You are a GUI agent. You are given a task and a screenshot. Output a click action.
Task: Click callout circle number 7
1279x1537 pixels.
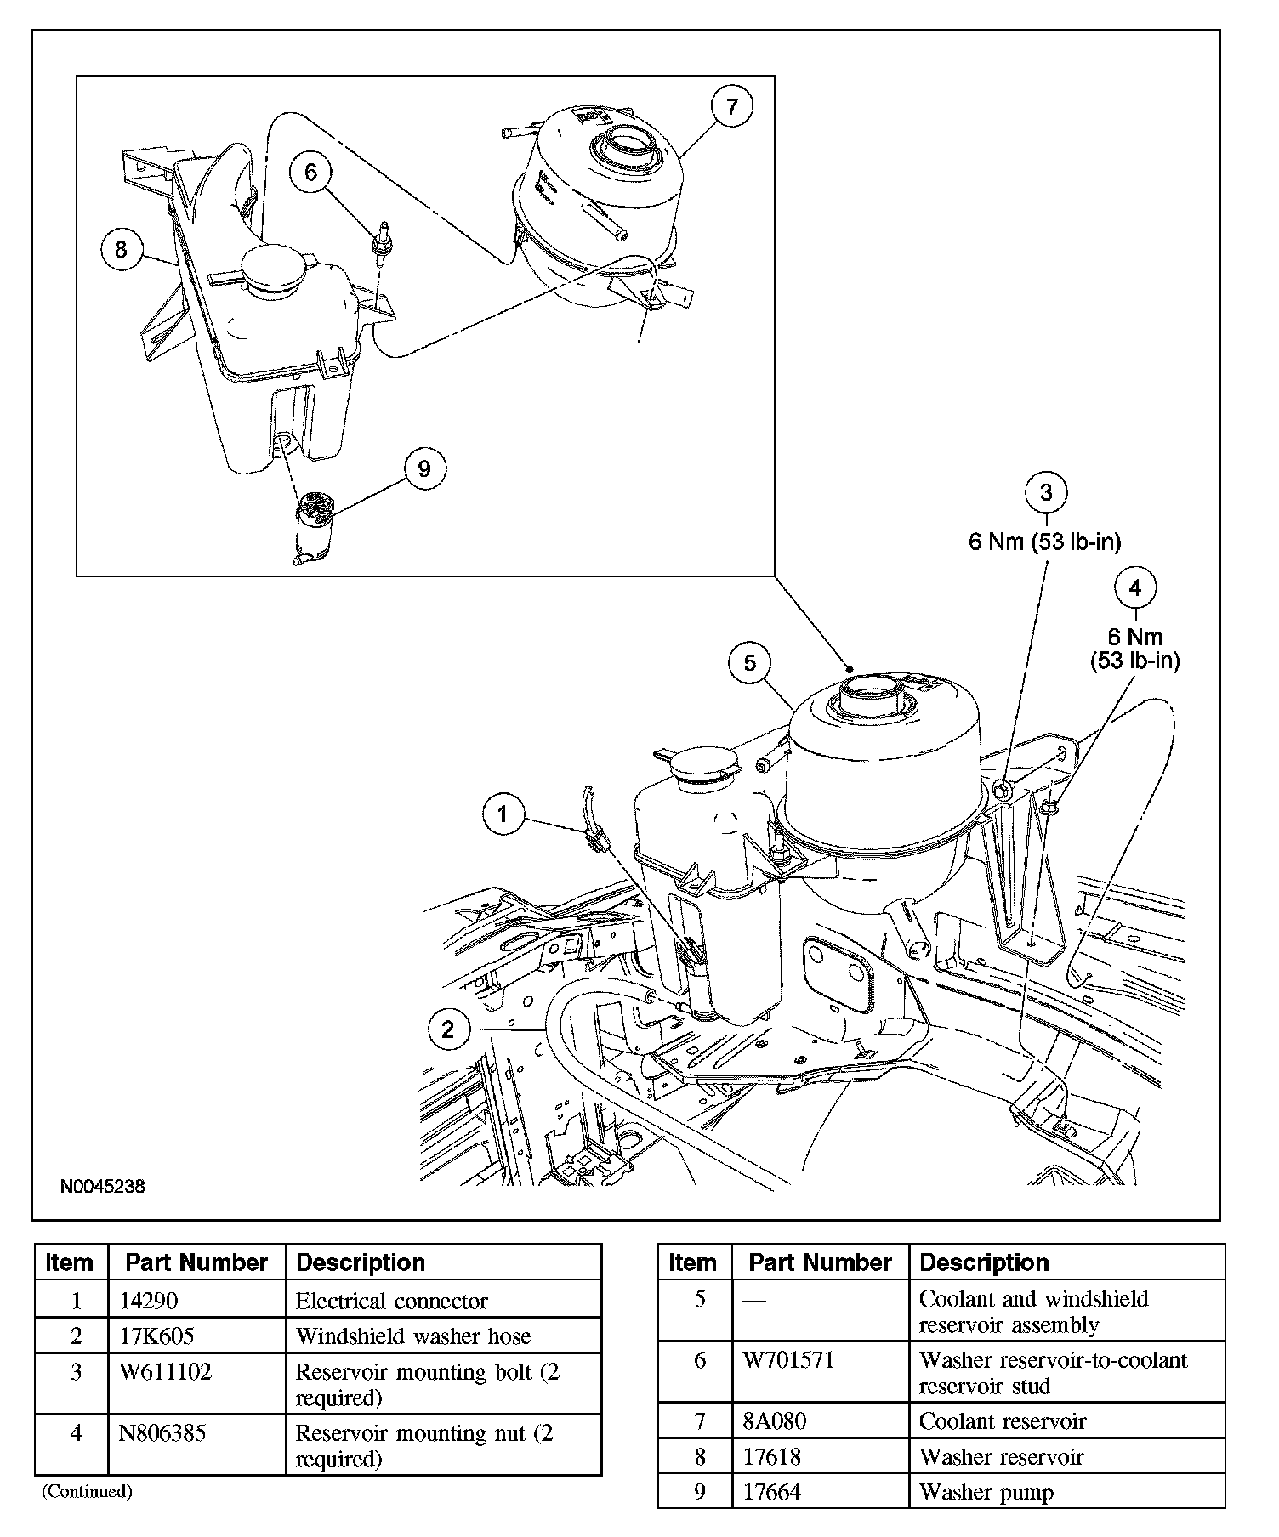[x=733, y=106]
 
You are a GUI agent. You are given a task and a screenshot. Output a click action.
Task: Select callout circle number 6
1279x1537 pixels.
[x=310, y=173]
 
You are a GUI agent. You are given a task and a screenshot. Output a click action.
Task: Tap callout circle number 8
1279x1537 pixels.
[x=121, y=249]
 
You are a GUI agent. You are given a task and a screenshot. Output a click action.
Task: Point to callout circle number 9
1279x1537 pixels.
[x=424, y=468]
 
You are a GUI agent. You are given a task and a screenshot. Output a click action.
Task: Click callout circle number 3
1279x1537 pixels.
[x=1046, y=493]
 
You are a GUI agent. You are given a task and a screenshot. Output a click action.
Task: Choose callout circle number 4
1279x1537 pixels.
[x=1135, y=587]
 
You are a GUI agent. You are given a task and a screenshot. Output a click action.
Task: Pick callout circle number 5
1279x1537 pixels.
[x=749, y=663]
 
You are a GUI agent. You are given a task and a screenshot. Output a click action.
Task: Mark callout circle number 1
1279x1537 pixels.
[x=503, y=815]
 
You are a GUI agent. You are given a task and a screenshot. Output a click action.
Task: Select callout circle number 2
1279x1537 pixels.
[x=448, y=1030]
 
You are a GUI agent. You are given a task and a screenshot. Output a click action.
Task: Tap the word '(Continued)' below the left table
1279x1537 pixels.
[x=87, y=1490]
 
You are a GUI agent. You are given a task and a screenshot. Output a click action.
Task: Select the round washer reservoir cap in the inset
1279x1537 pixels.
[x=276, y=267]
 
